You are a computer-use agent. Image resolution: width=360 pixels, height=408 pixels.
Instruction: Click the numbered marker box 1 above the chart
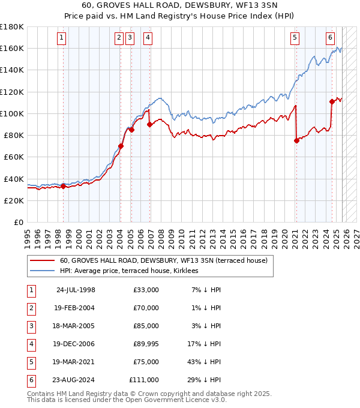[x=63, y=38]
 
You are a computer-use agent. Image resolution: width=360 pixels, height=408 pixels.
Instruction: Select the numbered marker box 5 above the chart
[x=295, y=38]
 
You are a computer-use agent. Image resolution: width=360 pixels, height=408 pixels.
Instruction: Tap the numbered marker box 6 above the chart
[x=331, y=38]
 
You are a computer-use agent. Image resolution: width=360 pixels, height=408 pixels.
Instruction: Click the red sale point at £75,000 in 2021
[x=296, y=141]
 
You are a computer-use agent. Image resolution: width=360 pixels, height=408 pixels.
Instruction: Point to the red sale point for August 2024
[x=332, y=101]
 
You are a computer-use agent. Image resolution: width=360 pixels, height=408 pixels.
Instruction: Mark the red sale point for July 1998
[x=63, y=186]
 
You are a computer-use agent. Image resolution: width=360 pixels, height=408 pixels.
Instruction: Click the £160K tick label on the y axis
[x=12, y=48]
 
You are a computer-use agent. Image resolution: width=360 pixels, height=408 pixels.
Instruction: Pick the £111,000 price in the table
[x=143, y=380]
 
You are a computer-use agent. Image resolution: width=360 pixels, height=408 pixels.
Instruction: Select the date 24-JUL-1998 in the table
[x=76, y=290]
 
